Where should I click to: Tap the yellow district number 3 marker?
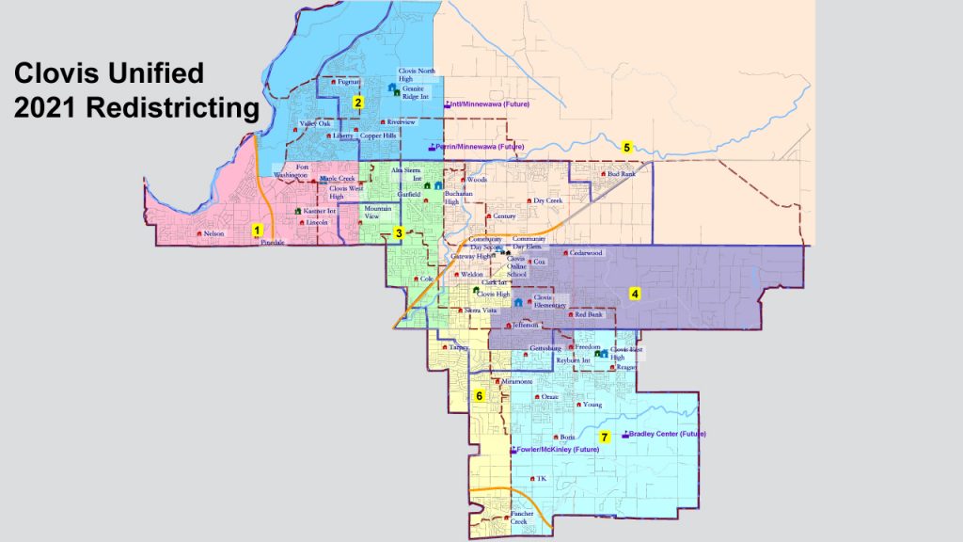399,232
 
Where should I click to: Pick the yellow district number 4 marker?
635,295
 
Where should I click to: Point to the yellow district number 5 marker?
627,147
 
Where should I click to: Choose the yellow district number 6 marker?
480,396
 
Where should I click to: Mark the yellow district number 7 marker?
605,438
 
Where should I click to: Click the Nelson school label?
213,234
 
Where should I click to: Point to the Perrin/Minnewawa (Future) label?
481,148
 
